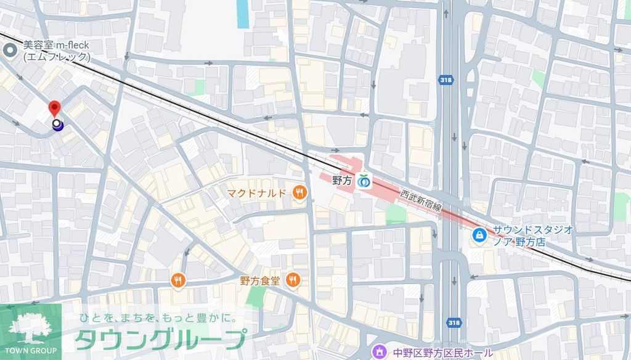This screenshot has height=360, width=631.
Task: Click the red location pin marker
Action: point(55,109)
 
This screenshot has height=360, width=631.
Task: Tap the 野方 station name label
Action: point(341,181)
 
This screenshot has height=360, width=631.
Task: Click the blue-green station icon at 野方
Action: point(365,181)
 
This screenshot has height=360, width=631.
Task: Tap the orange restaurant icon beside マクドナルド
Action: point(299,193)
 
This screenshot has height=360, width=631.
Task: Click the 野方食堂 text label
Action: point(260,280)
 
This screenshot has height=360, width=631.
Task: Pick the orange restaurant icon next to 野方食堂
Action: point(293,280)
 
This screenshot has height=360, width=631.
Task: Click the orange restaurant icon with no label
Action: point(178,280)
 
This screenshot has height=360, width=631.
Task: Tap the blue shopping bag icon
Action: point(478,235)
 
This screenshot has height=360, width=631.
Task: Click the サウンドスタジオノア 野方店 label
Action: point(532,235)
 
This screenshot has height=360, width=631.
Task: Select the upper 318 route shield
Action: point(444,80)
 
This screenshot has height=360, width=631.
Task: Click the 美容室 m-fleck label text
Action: point(56,51)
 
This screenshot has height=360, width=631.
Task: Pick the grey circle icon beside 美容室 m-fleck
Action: point(10,51)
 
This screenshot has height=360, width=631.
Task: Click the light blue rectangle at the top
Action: point(243,14)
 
